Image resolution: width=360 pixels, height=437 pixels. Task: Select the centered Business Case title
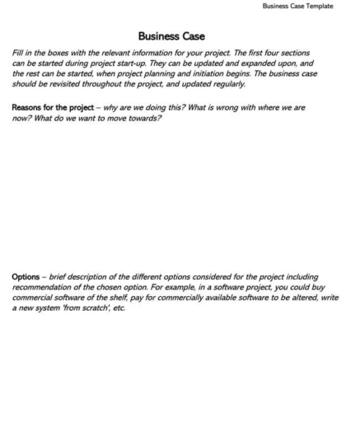tap(171, 36)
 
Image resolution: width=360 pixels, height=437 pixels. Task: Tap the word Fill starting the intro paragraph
tap(18, 53)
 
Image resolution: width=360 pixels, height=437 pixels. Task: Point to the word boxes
tap(63, 53)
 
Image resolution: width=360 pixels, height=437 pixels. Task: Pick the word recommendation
tap(45, 286)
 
